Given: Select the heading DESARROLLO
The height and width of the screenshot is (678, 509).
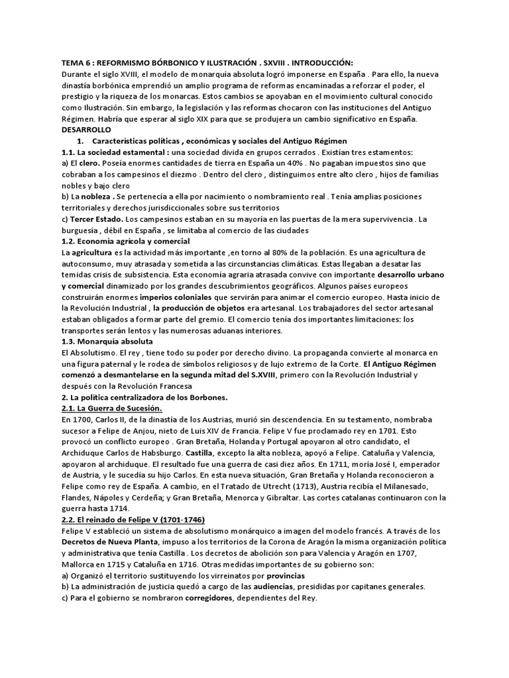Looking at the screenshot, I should tap(87, 130).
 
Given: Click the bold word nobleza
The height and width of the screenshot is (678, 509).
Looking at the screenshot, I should tap(96, 197).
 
